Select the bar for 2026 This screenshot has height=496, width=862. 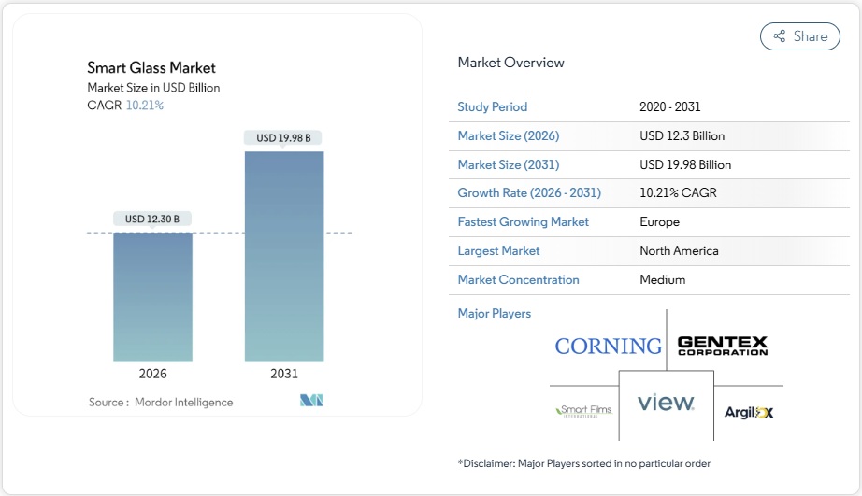pos(152,297)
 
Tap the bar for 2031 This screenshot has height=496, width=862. pos(284,257)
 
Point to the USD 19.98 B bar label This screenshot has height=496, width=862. pos(284,138)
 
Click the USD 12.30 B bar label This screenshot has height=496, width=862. pos(152,219)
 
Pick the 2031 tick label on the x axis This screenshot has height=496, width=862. pos(284,374)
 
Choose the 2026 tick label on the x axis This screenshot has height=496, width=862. pos(152,374)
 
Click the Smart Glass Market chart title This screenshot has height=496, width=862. pos(151,67)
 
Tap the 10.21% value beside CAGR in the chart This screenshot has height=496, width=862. pos(145,106)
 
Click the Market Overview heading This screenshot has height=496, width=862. pos(510,63)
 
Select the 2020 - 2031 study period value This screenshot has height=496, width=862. pos(669,106)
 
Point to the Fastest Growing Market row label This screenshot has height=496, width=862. pos(523,222)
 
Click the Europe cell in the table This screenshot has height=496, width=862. pos(659,222)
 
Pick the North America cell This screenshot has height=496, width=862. pos(679,250)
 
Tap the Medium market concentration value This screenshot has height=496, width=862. pos(662,279)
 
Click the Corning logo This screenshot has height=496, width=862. pos(608,347)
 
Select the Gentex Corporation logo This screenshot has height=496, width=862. pos(722,346)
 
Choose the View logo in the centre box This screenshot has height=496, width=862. pos(666,403)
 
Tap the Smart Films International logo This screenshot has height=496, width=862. pos(583,410)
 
